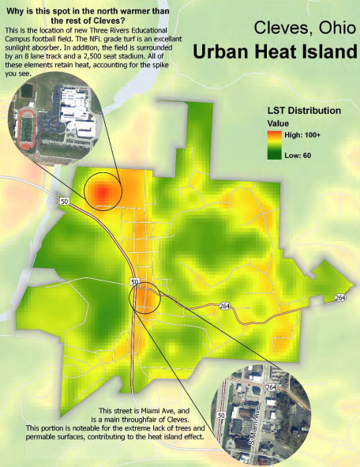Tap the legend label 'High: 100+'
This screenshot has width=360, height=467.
click(302, 135)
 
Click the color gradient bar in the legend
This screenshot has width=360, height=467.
click(273, 145)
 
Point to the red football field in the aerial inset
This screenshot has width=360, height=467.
click(28, 125)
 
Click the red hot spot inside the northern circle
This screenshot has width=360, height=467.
click(102, 191)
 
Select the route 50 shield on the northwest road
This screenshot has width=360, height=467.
click(62, 201)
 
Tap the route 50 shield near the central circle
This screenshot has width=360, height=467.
click(135, 282)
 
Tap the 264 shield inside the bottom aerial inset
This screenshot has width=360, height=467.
click(271, 387)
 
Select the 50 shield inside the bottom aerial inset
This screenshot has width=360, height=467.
click(219, 414)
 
